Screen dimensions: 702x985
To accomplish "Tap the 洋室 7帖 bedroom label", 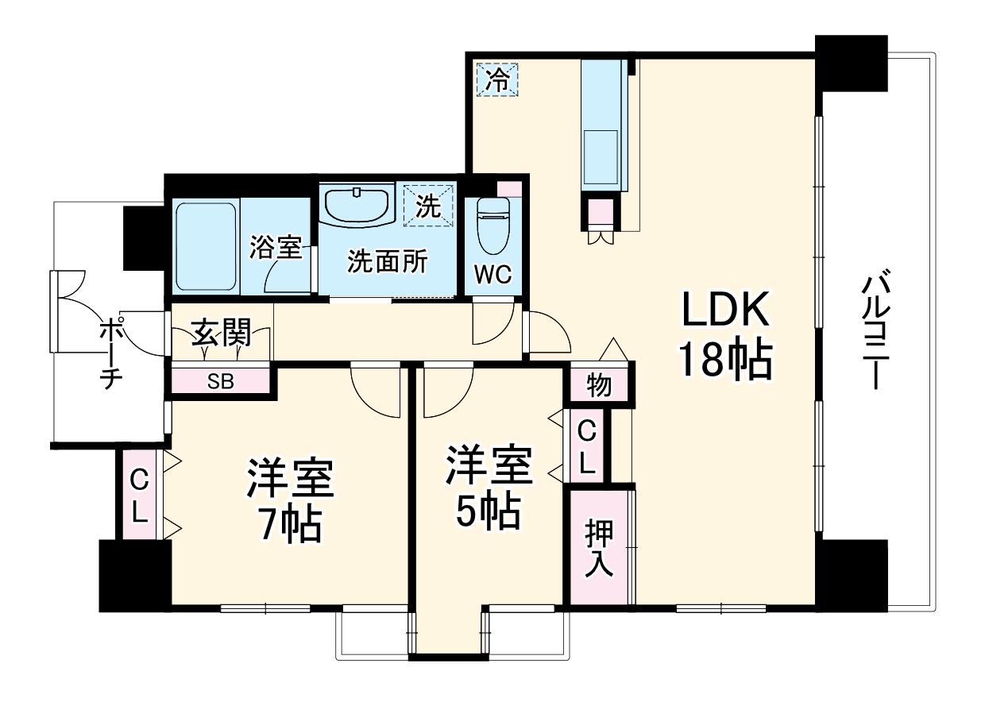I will (291, 500).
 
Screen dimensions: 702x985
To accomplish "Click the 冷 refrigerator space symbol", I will (497, 79).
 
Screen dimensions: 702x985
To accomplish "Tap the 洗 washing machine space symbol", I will (428, 207).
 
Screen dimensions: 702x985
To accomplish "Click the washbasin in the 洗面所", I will (357, 206).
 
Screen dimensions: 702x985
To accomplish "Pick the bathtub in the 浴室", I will (206, 246).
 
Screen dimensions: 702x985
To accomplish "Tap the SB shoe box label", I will (221, 380).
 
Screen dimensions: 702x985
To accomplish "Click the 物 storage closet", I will (600, 386).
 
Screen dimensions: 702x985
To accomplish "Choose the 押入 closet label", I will (600, 548).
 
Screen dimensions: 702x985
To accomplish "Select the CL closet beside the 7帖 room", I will (140, 496).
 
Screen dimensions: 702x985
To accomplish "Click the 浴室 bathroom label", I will (275, 247).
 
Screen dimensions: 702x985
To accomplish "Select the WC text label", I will (492, 273).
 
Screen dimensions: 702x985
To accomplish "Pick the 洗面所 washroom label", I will (387, 261).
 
